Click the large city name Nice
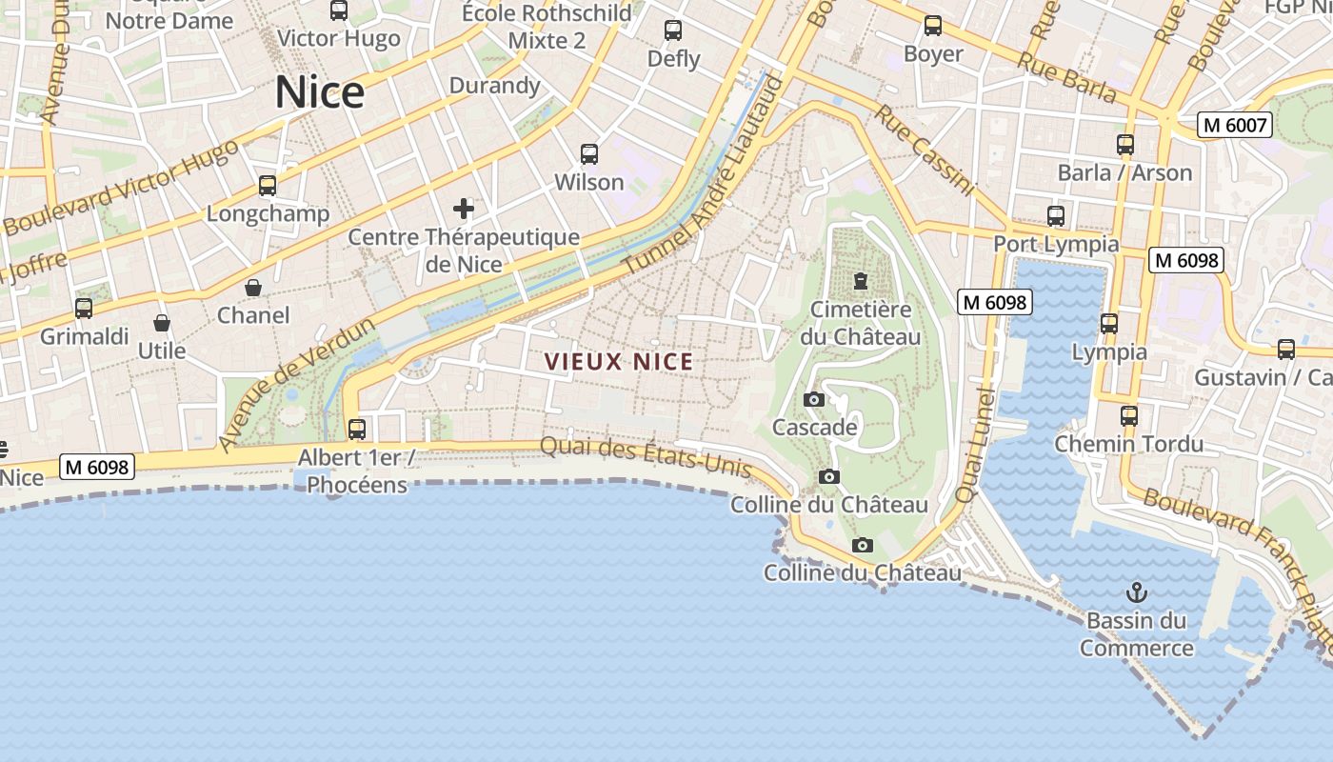pyautogui.click(x=320, y=92)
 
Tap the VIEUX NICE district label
pyautogui.click(x=619, y=362)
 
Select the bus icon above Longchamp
pyautogui.click(x=268, y=186)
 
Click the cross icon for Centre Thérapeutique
pyautogui.click(x=464, y=209)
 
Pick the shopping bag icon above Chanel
pyautogui.click(x=253, y=288)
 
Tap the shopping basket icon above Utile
pyautogui.click(x=162, y=323)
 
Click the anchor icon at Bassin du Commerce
pyautogui.click(x=1136, y=593)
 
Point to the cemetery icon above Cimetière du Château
pyautogui.click(x=861, y=281)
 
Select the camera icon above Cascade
pyautogui.click(x=814, y=399)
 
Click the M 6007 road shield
pyautogui.click(x=1235, y=125)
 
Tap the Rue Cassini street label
pyautogui.click(x=924, y=150)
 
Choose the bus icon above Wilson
pyautogui.click(x=589, y=154)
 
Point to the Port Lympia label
pyautogui.click(x=1056, y=244)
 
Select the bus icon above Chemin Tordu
pyautogui.click(x=1129, y=416)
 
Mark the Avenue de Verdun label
pyautogui.click(x=296, y=384)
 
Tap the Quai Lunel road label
pyautogui.click(x=974, y=446)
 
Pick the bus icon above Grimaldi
pyautogui.click(x=84, y=309)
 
